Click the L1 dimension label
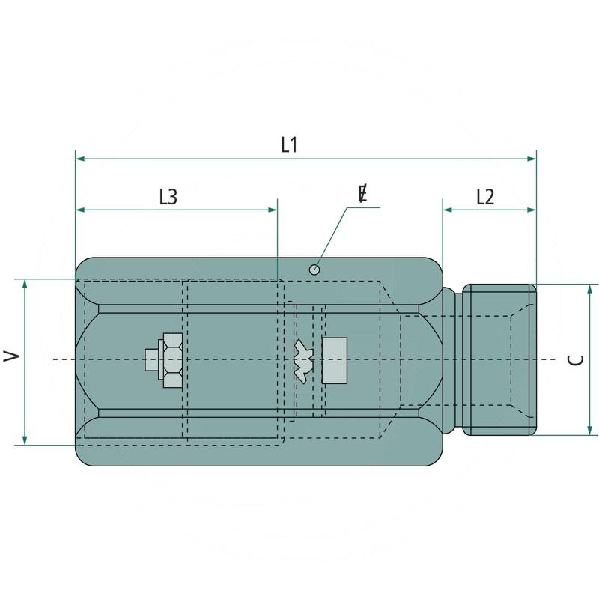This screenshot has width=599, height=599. [290, 145]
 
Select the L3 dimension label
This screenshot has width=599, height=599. [168, 197]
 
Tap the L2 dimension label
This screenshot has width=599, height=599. [485, 197]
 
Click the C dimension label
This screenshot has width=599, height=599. [576, 360]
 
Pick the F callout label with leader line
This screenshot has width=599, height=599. [362, 194]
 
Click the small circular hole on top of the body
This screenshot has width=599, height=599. [315, 269]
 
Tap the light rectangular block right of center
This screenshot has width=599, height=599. [334, 359]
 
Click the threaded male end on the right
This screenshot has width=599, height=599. [499, 359]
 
